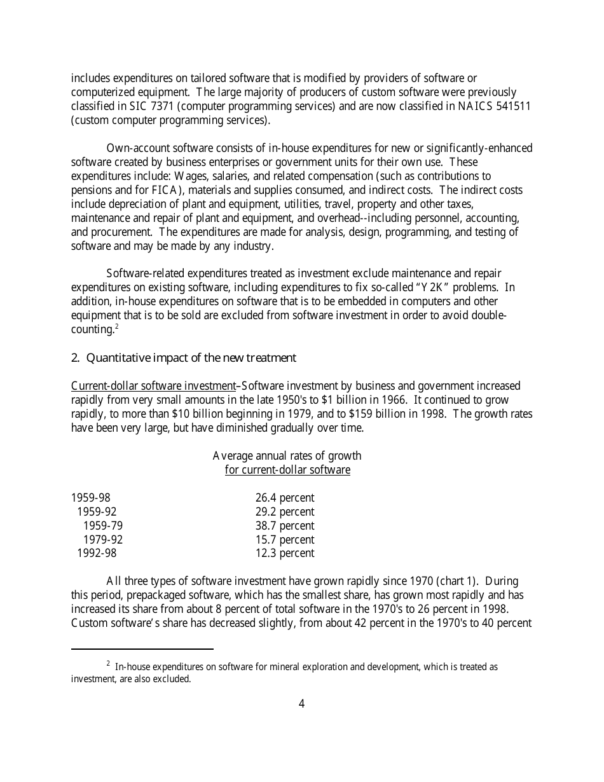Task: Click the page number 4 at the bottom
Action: point(301,704)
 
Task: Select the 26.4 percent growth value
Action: point(284,498)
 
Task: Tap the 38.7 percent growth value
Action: point(284,526)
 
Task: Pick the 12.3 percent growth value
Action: point(284,553)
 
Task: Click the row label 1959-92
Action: point(97,512)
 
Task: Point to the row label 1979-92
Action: point(102,540)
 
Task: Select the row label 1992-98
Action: point(97,553)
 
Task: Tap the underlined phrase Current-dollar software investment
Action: point(153,386)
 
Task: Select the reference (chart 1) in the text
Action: point(462,581)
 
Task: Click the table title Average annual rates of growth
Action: point(287,456)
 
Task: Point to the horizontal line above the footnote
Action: point(142,649)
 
